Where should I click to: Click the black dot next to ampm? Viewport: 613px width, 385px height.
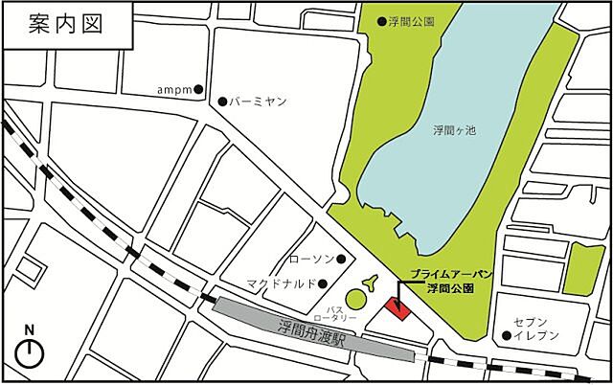pyautogui.click(x=198, y=90)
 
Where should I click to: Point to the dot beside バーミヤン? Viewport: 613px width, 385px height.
pyautogui.click(x=222, y=101)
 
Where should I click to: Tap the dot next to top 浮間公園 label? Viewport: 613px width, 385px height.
pyautogui.click(x=381, y=19)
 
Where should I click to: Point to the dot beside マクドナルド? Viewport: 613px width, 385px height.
pyautogui.click(x=324, y=283)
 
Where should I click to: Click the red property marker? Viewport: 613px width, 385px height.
pyautogui.click(x=396, y=308)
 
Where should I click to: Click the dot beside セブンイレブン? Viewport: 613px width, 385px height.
pyautogui.click(x=506, y=335)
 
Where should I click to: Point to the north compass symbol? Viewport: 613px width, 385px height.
pyautogui.click(x=31, y=349)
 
